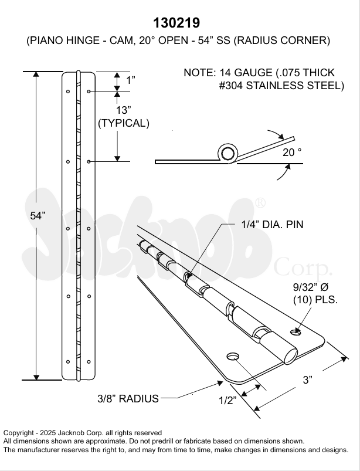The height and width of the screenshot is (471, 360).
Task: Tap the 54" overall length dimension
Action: (x=38, y=215)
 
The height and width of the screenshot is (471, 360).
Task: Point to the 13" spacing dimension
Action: (x=123, y=110)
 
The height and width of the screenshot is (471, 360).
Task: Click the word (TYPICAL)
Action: (x=124, y=123)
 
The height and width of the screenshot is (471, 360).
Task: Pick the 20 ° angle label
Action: (x=292, y=152)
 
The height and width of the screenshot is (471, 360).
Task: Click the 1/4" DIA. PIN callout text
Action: (x=272, y=225)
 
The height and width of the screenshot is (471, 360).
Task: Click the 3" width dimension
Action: (x=307, y=380)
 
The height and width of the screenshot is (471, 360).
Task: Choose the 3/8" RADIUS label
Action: (x=128, y=399)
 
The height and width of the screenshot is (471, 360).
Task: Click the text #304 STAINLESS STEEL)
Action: (x=281, y=86)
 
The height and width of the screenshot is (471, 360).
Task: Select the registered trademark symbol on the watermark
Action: (x=260, y=204)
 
